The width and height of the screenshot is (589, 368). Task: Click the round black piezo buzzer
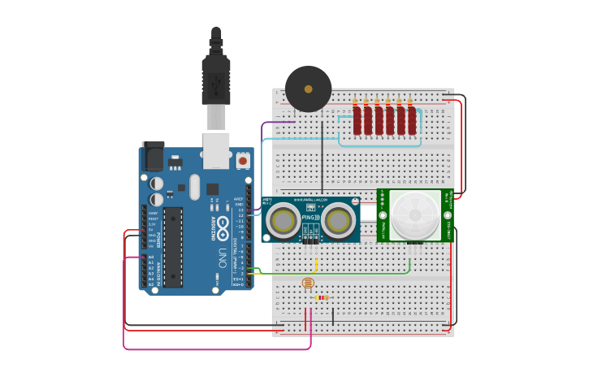tap(309, 89)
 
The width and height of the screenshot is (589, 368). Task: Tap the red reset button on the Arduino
tap(243, 161)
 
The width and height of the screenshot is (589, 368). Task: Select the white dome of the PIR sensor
tap(415, 215)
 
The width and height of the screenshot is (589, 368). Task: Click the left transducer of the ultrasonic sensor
tap(284, 220)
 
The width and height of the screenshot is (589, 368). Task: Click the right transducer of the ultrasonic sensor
tap(338, 220)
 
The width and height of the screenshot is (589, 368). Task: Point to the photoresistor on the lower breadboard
tap(307, 283)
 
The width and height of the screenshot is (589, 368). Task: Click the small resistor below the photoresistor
tap(323, 297)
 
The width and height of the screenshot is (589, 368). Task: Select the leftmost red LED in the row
tap(357, 121)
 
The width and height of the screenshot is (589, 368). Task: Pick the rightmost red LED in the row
tap(412, 121)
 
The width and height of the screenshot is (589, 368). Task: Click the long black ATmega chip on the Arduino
tap(173, 247)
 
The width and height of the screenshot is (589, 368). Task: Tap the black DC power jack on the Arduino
tap(153, 157)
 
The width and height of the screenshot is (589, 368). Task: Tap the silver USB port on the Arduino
tap(216, 150)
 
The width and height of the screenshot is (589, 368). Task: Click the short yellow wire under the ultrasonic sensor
tap(315, 264)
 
